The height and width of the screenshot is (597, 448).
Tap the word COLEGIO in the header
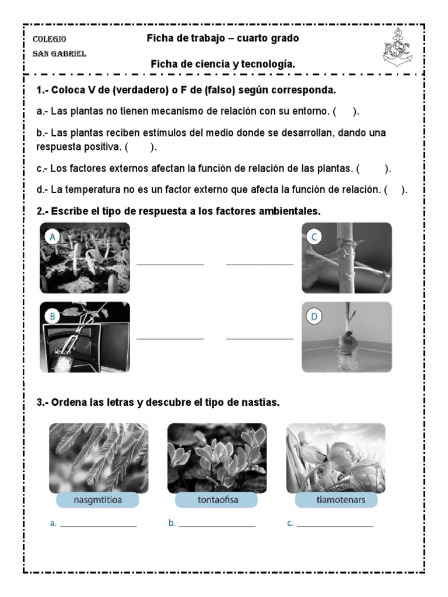click(50, 39)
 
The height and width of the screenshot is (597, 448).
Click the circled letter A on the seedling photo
click(53, 237)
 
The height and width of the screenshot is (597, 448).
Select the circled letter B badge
click(53, 316)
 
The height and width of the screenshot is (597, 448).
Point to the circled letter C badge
click(314, 237)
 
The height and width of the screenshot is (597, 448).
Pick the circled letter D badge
click(314, 317)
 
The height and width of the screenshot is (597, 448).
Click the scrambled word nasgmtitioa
click(99, 500)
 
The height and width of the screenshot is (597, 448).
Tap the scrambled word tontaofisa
click(216, 500)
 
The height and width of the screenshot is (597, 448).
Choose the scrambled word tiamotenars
click(336, 500)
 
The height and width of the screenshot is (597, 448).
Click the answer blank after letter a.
click(99, 525)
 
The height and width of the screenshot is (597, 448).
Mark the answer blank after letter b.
click(218, 525)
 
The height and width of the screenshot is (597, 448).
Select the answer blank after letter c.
click(335, 525)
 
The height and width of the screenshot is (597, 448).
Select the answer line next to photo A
click(170, 265)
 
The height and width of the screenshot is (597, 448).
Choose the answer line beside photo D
click(260, 338)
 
